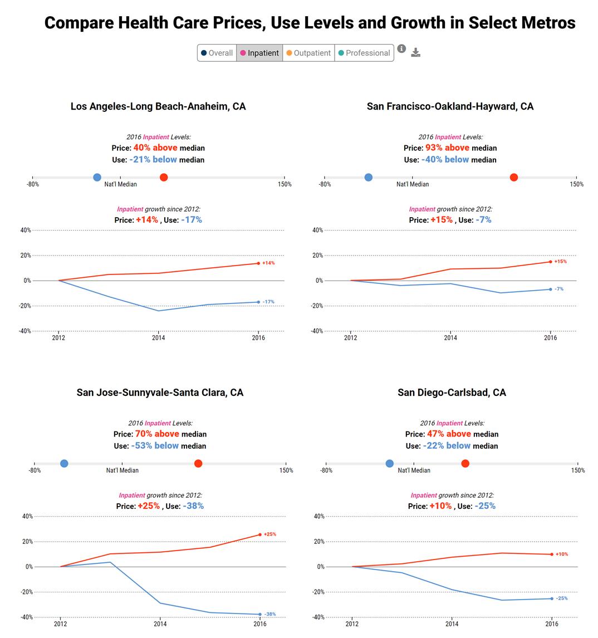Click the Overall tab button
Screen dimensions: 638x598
pos(217,53)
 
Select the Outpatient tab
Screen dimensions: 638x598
pos(308,53)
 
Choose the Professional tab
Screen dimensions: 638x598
pos(364,53)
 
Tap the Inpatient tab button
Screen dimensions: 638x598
pos(259,53)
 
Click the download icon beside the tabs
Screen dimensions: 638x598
pos(415,52)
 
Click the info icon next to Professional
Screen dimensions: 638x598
pos(401,48)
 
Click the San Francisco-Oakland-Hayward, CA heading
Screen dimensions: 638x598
pos(450,106)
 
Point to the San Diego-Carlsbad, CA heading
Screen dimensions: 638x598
pos(452,392)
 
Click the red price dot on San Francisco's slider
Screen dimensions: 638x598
pos(514,178)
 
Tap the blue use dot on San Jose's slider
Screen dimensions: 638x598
pos(64,464)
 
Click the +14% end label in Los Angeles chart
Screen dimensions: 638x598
pos(268,263)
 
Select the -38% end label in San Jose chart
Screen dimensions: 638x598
pos(269,614)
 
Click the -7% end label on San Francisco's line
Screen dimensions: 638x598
pos(559,289)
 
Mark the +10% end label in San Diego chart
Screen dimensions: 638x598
pos(562,554)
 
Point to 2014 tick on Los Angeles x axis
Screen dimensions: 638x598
pos(158,337)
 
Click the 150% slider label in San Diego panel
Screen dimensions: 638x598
pos(578,470)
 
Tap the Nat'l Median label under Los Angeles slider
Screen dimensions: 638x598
pos(120,184)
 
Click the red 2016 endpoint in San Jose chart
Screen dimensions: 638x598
pos(260,534)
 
